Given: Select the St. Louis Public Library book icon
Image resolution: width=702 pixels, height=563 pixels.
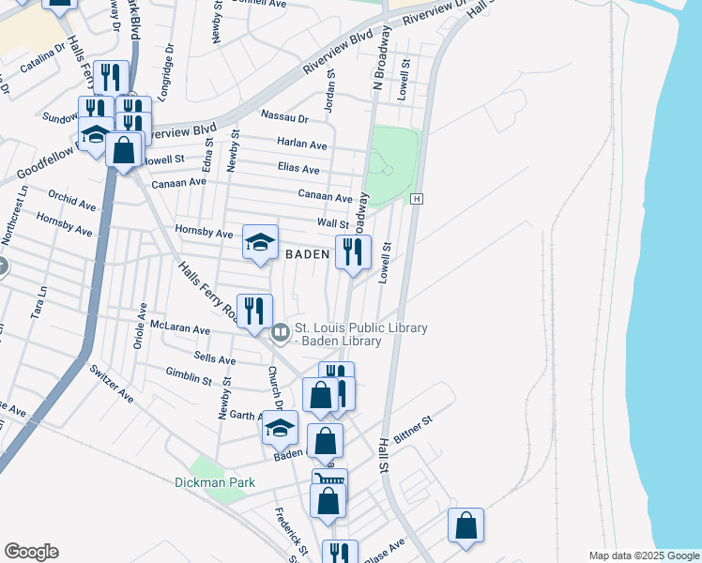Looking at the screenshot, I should click(280, 333).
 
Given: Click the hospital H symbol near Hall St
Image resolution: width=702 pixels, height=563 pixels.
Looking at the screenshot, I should click(416, 199).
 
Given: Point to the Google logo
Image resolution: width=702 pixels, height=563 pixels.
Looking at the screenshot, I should click(31, 552).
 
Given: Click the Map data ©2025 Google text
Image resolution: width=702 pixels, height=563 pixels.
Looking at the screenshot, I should click(643, 555).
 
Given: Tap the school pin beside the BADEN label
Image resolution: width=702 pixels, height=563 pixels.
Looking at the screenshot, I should click(260, 243).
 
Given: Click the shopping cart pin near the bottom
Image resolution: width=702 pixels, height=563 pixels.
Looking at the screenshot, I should click(329, 480).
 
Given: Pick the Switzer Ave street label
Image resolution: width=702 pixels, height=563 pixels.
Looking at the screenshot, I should click(112, 384).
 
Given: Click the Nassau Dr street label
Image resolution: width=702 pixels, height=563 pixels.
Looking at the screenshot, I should click(285, 118).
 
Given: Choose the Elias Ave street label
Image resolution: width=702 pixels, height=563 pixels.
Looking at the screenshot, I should click(298, 170).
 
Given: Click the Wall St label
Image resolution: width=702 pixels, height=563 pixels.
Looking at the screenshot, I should click(332, 223).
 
